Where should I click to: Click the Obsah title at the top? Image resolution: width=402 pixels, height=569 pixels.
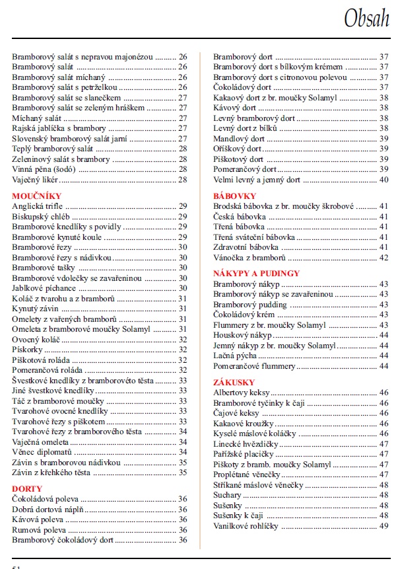(x=366, y=19)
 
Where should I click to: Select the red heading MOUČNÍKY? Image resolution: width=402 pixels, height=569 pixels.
(x=37, y=196)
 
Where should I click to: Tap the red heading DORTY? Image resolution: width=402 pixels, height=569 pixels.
(x=27, y=488)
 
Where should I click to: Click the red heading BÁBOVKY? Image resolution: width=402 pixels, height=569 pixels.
(x=234, y=196)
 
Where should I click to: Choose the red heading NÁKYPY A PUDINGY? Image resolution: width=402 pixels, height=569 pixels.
(x=256, y=273)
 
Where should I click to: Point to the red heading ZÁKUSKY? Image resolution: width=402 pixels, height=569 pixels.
(x=234, y=382)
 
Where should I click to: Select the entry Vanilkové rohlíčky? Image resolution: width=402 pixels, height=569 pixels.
(x=246, y=526)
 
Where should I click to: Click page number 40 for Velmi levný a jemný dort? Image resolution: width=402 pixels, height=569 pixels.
(x=384, y=180)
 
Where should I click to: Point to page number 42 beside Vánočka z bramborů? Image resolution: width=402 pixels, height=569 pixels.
(x=384, y=257)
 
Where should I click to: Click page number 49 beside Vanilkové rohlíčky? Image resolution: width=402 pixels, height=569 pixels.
(x=384, y=526)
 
